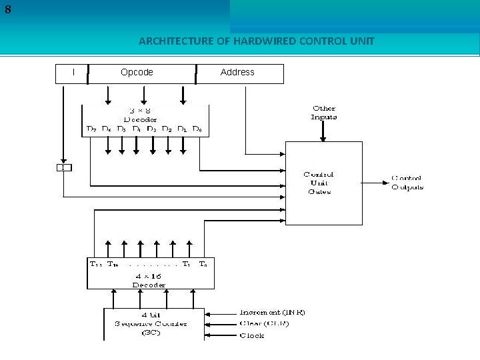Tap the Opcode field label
[x=137, y=72]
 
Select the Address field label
[x=237, y=72]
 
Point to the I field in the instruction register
[x=73, y=72]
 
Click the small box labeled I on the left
[x=63, y=167]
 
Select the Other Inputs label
[x=324, y=112]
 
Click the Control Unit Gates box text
[x=319, y=183]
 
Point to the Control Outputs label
[x=407, y=183]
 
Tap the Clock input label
[x=252, y=335]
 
